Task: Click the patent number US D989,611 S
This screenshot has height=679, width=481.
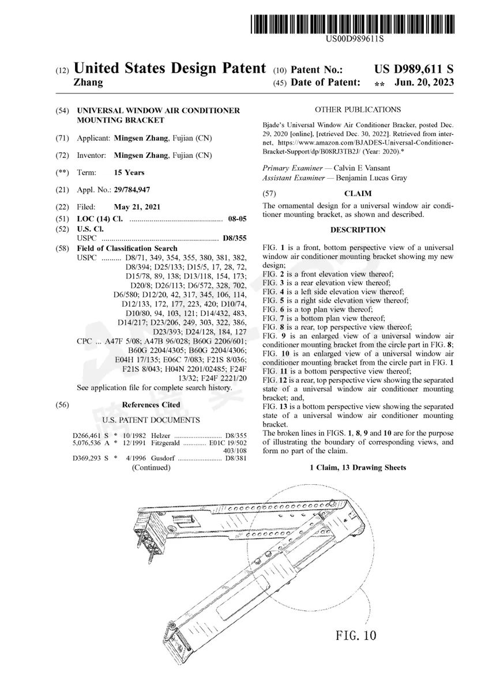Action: [x=414, y=69]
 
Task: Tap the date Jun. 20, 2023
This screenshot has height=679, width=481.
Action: [x=424, y=82]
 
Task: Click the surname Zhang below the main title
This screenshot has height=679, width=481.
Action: [x=88, y=82]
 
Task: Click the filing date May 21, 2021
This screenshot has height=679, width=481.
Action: [x=137, y=207]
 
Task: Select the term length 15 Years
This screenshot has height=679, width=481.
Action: [x=129, y=172]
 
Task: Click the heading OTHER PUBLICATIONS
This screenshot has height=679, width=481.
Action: [x=358, y=110]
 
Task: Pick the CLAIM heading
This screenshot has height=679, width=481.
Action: [x=358, y=194]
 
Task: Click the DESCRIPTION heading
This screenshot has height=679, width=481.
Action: [x=358, y=229]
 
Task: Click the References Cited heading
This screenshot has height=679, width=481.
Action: [x=151, y=405]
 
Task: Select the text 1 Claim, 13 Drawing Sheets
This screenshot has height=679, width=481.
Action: [x=358, y=467]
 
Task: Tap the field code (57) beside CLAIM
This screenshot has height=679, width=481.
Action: [x=269, y=194]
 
